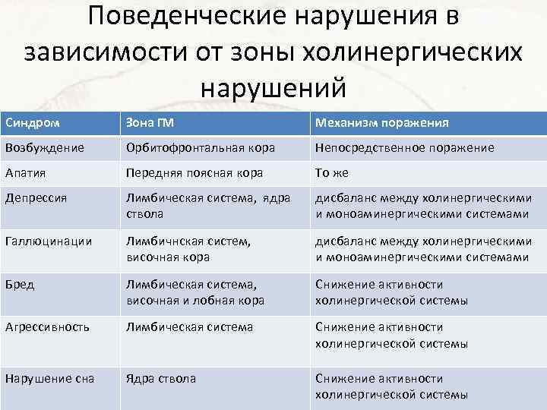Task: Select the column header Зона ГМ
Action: [149, 122]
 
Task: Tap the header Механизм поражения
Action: [381, 122]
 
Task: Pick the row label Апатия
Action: [25, 173]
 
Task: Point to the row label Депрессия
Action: [36, 199]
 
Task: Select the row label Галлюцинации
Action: [48, 241]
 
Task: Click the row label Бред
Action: [17, 285]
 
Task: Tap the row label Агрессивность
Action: [47, 328]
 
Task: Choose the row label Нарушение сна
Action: [49, 379]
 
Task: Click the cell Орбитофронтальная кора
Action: [201, 147]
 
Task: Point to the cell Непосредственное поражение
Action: [404, 147]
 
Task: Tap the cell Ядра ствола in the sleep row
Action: [161, 379]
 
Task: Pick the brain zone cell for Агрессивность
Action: [189, 328]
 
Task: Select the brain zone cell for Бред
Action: [195, 293]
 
